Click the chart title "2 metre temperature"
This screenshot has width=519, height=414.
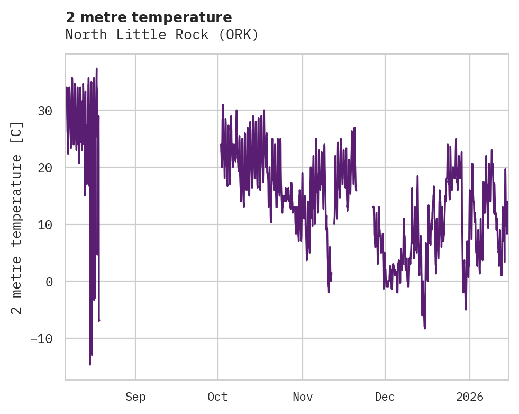click(149, 17)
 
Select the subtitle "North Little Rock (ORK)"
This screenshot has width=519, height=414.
click(162, 35)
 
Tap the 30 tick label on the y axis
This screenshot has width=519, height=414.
click(45, 111)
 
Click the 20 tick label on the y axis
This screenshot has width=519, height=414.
click(45, 168)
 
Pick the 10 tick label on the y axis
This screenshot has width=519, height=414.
click(45, 224)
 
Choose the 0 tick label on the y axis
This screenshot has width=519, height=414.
click(49, 282)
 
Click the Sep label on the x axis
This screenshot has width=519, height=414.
click(135, 397)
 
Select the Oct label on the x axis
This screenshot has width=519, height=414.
click(218, 397)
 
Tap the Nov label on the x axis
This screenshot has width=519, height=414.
click(302, 397)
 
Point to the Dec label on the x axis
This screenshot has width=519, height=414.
click(385, 397)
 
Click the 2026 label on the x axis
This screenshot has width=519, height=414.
click(470, 397)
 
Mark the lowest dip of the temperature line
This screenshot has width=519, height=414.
click(90, 364)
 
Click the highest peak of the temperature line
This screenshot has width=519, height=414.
click(96, 68)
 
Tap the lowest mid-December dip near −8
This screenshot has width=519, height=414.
click(424, 328)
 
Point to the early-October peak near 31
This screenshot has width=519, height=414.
click(223, 105)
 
